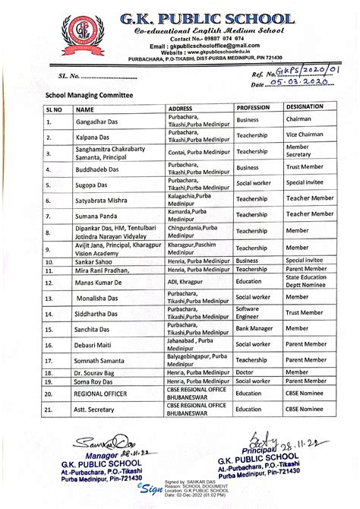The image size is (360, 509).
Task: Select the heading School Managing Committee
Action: (78, 96)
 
